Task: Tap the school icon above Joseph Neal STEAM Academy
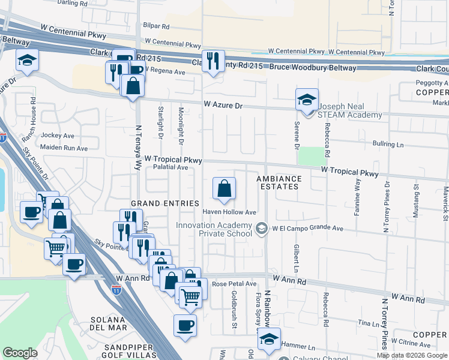[307, 99]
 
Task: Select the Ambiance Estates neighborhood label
[279, 183]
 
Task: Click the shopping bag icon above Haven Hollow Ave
[223, 189]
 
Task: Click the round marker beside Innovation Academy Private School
[261, 228]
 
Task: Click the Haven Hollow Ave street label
[229, 212]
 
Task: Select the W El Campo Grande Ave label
[307, 229]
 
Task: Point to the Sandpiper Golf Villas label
[130, 352]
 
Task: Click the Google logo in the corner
[19, 353]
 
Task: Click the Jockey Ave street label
[58, 136]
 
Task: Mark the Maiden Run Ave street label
[64, 148]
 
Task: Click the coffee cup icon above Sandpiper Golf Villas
[185, 326]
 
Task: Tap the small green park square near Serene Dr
[310, 156]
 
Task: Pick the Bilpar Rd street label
[157, 26]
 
